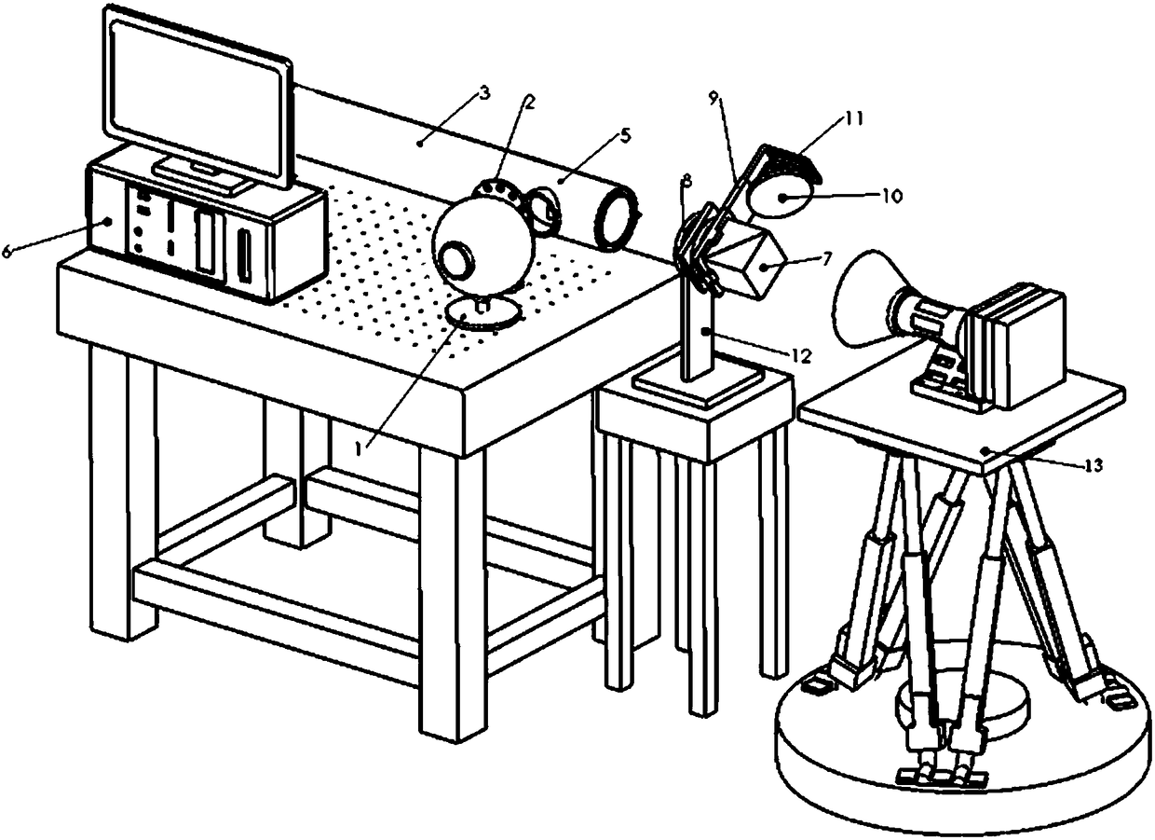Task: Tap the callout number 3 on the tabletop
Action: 482,93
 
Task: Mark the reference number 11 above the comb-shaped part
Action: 855,118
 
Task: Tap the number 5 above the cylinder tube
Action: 623,135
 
